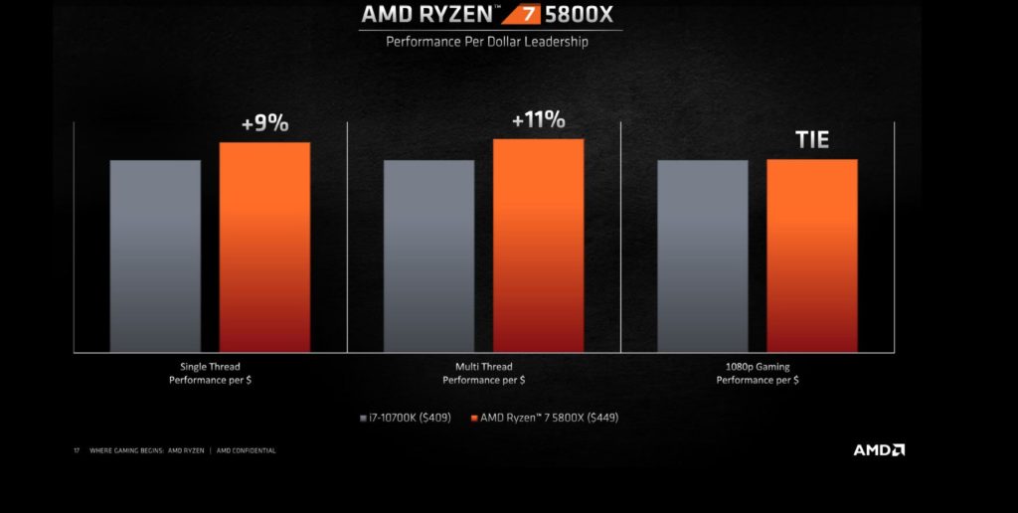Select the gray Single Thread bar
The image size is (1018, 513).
click(x=155, y=256)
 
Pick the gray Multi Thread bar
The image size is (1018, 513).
click(x=428, y=256)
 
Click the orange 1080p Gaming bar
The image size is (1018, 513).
click(x=811, y=256)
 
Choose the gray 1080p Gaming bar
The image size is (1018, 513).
click(x=702, y=256)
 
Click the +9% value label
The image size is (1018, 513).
click(x=264, y=124)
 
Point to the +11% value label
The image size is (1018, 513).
click(x=538, y=120)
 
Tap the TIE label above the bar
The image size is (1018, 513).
click(x=812, y=139)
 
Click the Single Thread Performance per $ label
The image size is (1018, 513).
click(x=210, y=373)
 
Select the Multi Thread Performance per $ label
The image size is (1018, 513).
click(x=484, y=373)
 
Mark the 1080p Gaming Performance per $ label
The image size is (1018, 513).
click(x=758, y=373)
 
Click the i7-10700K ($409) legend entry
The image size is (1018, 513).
click(x=405, y=418)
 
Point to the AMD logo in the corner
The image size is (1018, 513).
click(x=879, y=449)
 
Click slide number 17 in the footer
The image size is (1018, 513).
click(x=77, y=450)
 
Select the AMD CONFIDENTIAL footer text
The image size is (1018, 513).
click(x=247, y=450)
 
